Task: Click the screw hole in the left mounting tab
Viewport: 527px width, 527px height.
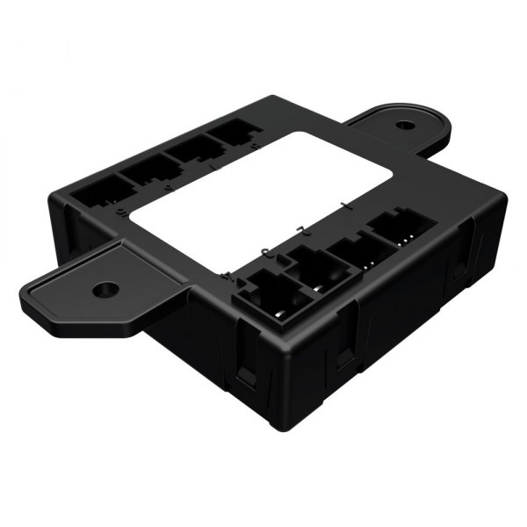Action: click(105, 287)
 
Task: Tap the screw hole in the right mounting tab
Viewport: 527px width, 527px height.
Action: click(404, 125)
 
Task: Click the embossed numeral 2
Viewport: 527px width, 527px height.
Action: click(300, 230)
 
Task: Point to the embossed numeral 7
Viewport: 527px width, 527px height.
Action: click(167, 187)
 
